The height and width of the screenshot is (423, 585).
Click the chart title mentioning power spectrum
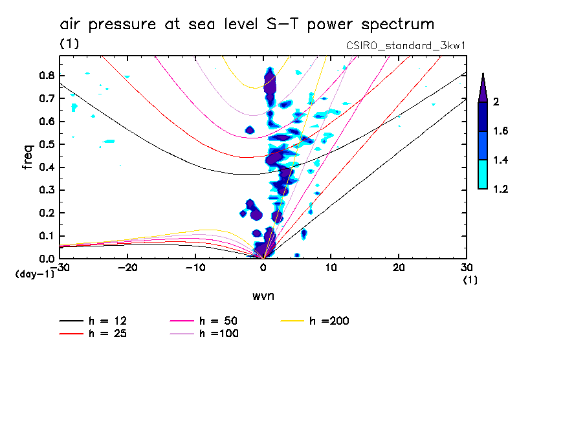point(247,25)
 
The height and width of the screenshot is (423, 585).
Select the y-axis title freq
point(28,157)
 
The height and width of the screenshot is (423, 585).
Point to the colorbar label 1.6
point(501,131)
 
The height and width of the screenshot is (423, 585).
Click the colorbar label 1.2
point(501,190)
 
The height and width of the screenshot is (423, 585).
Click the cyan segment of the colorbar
point(483,174)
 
